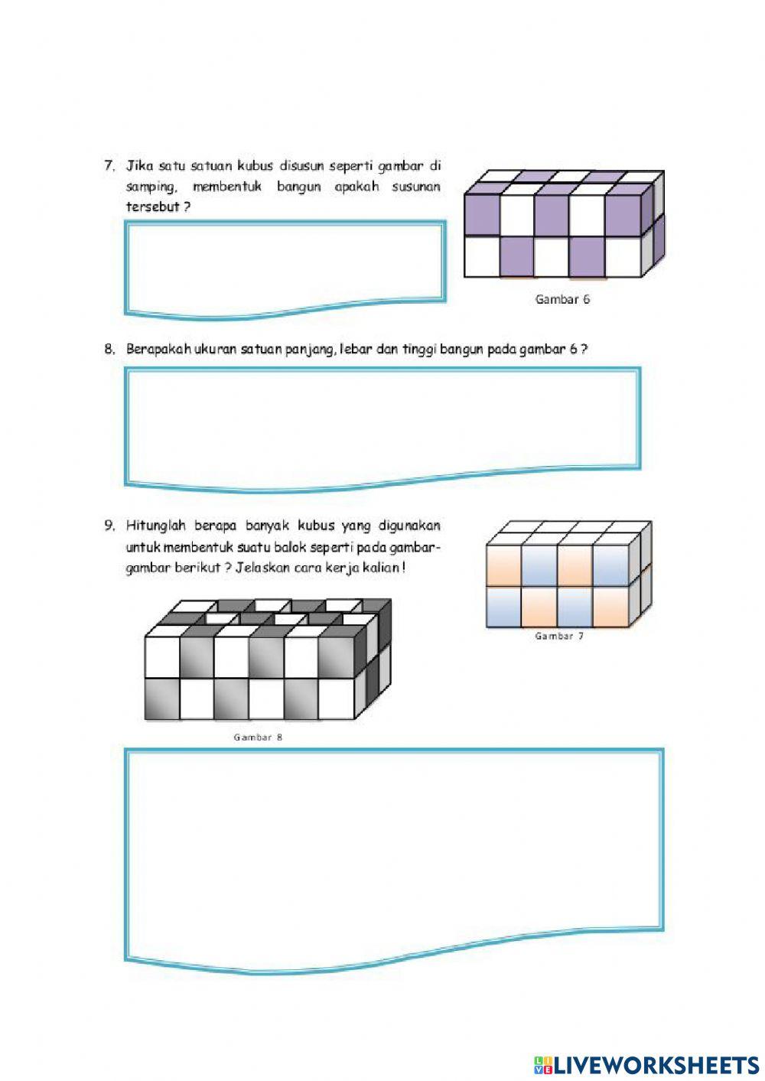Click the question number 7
click(109, 165)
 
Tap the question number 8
click(109, 350)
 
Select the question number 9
click(109, 526)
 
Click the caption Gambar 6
click(562, 300)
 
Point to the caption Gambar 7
click(559, 636)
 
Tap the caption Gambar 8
click(258, 737)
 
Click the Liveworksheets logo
click(646, 1065)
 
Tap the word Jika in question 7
click(139, 165)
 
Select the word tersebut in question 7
click(153, 207)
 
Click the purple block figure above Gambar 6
click(563, 223)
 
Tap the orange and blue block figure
click(568, 575)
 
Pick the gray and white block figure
click(268, 659)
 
